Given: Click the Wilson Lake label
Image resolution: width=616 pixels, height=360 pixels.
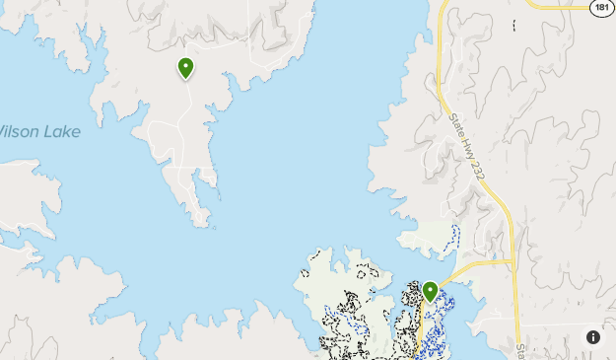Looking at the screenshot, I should point(39,132).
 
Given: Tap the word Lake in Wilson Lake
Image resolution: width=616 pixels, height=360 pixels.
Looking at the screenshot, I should point(59,132).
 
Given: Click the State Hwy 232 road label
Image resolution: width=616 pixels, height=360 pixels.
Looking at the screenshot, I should point(467,147).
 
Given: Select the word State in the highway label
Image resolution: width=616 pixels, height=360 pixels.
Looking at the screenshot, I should point(456,124).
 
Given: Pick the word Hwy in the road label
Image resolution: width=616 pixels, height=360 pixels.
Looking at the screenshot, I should point(465,143).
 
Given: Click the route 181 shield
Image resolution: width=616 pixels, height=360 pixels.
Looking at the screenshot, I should point(602,8).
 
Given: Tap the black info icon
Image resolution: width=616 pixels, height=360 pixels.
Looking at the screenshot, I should point(593,337).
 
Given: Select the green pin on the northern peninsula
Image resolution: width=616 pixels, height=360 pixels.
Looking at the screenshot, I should point(185,68).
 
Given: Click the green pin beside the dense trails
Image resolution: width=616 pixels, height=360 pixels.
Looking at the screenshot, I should point(430,292).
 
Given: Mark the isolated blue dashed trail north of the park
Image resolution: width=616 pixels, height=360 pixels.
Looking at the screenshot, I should point(454,238).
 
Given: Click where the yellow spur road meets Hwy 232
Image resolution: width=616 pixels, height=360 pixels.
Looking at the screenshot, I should point(512,262).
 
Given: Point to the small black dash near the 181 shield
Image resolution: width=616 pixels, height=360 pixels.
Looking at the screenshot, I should point(514,23).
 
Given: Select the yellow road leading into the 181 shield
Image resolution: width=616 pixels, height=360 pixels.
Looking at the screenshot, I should point(557,6).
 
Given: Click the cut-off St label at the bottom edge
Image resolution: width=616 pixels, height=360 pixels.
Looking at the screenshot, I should point(519,350).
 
